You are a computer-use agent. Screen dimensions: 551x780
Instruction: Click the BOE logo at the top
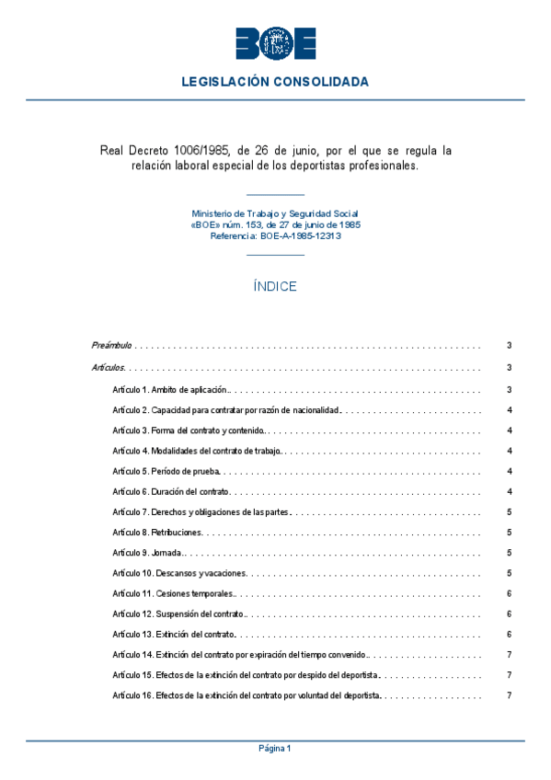pyautogui.click(x=275, y=43)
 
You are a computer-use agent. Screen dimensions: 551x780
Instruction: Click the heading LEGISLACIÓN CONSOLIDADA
pyautogui.click(x=275, y=82)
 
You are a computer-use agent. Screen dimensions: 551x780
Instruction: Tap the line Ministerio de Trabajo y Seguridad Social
pyautogui.click(x=275, y=213)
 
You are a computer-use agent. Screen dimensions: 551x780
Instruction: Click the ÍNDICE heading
pyautogui.click(x=275, y=286)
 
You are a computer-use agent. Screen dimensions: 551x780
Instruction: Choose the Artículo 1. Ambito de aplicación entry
pyautogui.click(x=170, y=390)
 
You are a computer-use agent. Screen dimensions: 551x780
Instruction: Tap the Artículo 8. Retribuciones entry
pyautogui.click(x=156, y=533)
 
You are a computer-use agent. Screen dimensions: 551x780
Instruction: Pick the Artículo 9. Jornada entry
pyautogui.click(x=148, y=553)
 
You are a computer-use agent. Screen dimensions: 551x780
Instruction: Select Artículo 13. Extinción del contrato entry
pyautogui.click(x=174, y=635)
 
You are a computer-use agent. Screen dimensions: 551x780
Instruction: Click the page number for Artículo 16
pyautogui.click(x=509, y=695)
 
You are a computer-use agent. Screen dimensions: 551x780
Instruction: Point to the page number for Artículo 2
pyautogui.click(x=509, y=410)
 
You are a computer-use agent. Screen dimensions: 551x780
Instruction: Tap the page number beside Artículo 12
pyautogui.click(x=509, y=614)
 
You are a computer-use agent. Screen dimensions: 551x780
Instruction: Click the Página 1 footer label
pyautogui.click(x=275, y=749)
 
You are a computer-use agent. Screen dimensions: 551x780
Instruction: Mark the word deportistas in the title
pyautogui.click(x=345, y=166)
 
